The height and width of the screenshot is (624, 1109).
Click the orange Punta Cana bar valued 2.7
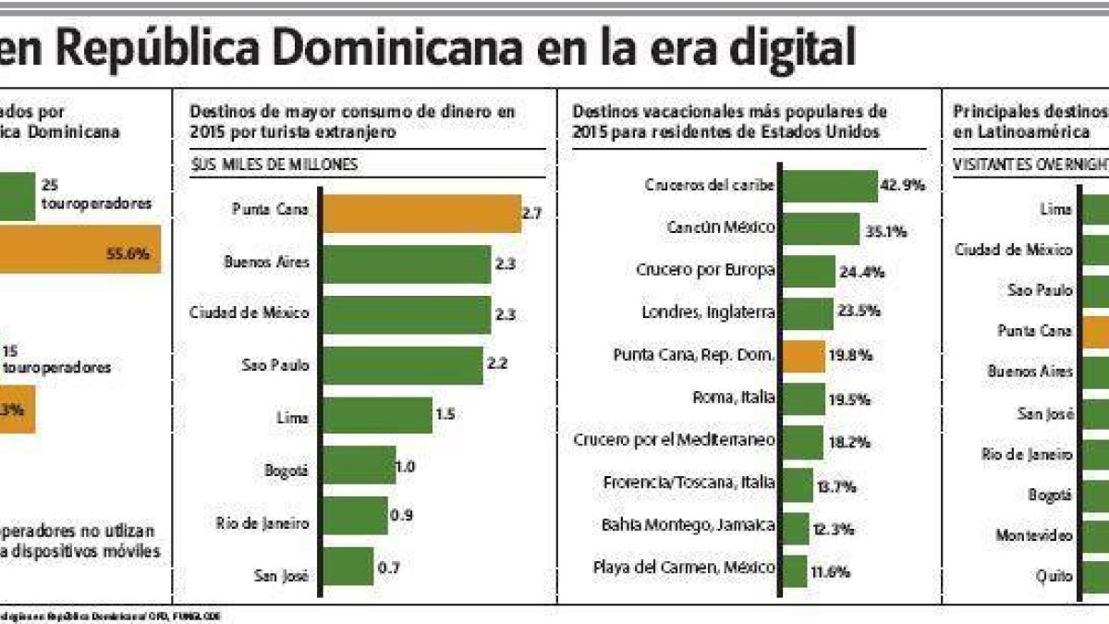pos(420,214)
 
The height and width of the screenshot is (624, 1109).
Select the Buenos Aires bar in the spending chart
pos(406,264)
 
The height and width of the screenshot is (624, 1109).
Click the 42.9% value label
pos(905,185)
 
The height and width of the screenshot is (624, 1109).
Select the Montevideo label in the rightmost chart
pos(1034,535)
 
